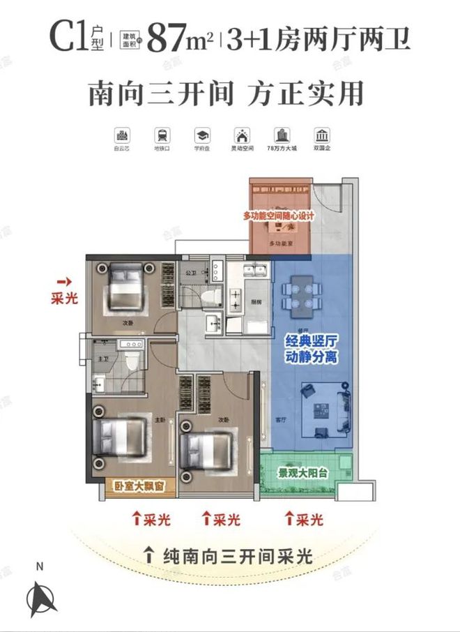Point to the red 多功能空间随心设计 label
279,216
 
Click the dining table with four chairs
300,294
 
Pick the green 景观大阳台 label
305,472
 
